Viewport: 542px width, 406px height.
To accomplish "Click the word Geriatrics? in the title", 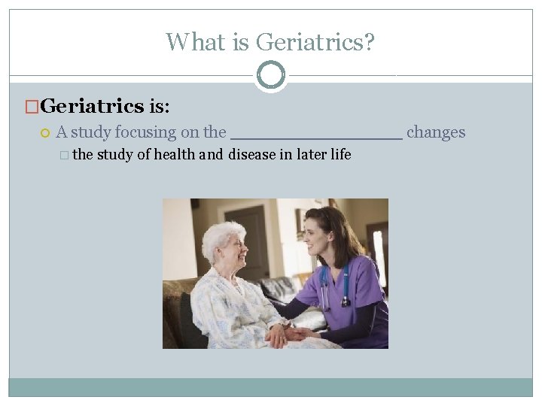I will [315, 41].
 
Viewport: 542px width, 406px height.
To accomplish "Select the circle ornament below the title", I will [270, 75].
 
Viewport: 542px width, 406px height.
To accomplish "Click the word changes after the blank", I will [436, 132].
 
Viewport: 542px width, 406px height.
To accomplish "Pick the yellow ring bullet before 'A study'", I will [45, 133].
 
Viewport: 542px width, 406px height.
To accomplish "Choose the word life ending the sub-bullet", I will [340, 155].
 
